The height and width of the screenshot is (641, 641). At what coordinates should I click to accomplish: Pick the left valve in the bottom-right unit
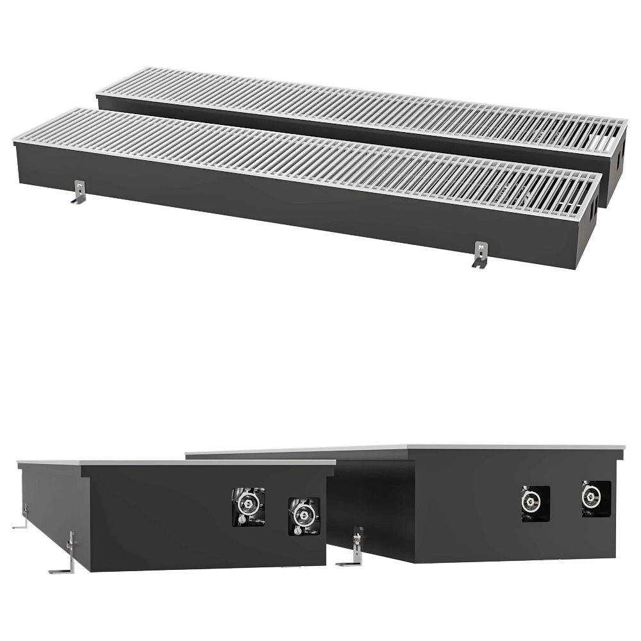[x=533, y=503]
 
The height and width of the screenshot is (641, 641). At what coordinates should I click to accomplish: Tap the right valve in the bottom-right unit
[x=594, y=496]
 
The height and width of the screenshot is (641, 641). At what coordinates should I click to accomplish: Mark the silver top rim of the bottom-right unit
[x=513, y=445]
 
